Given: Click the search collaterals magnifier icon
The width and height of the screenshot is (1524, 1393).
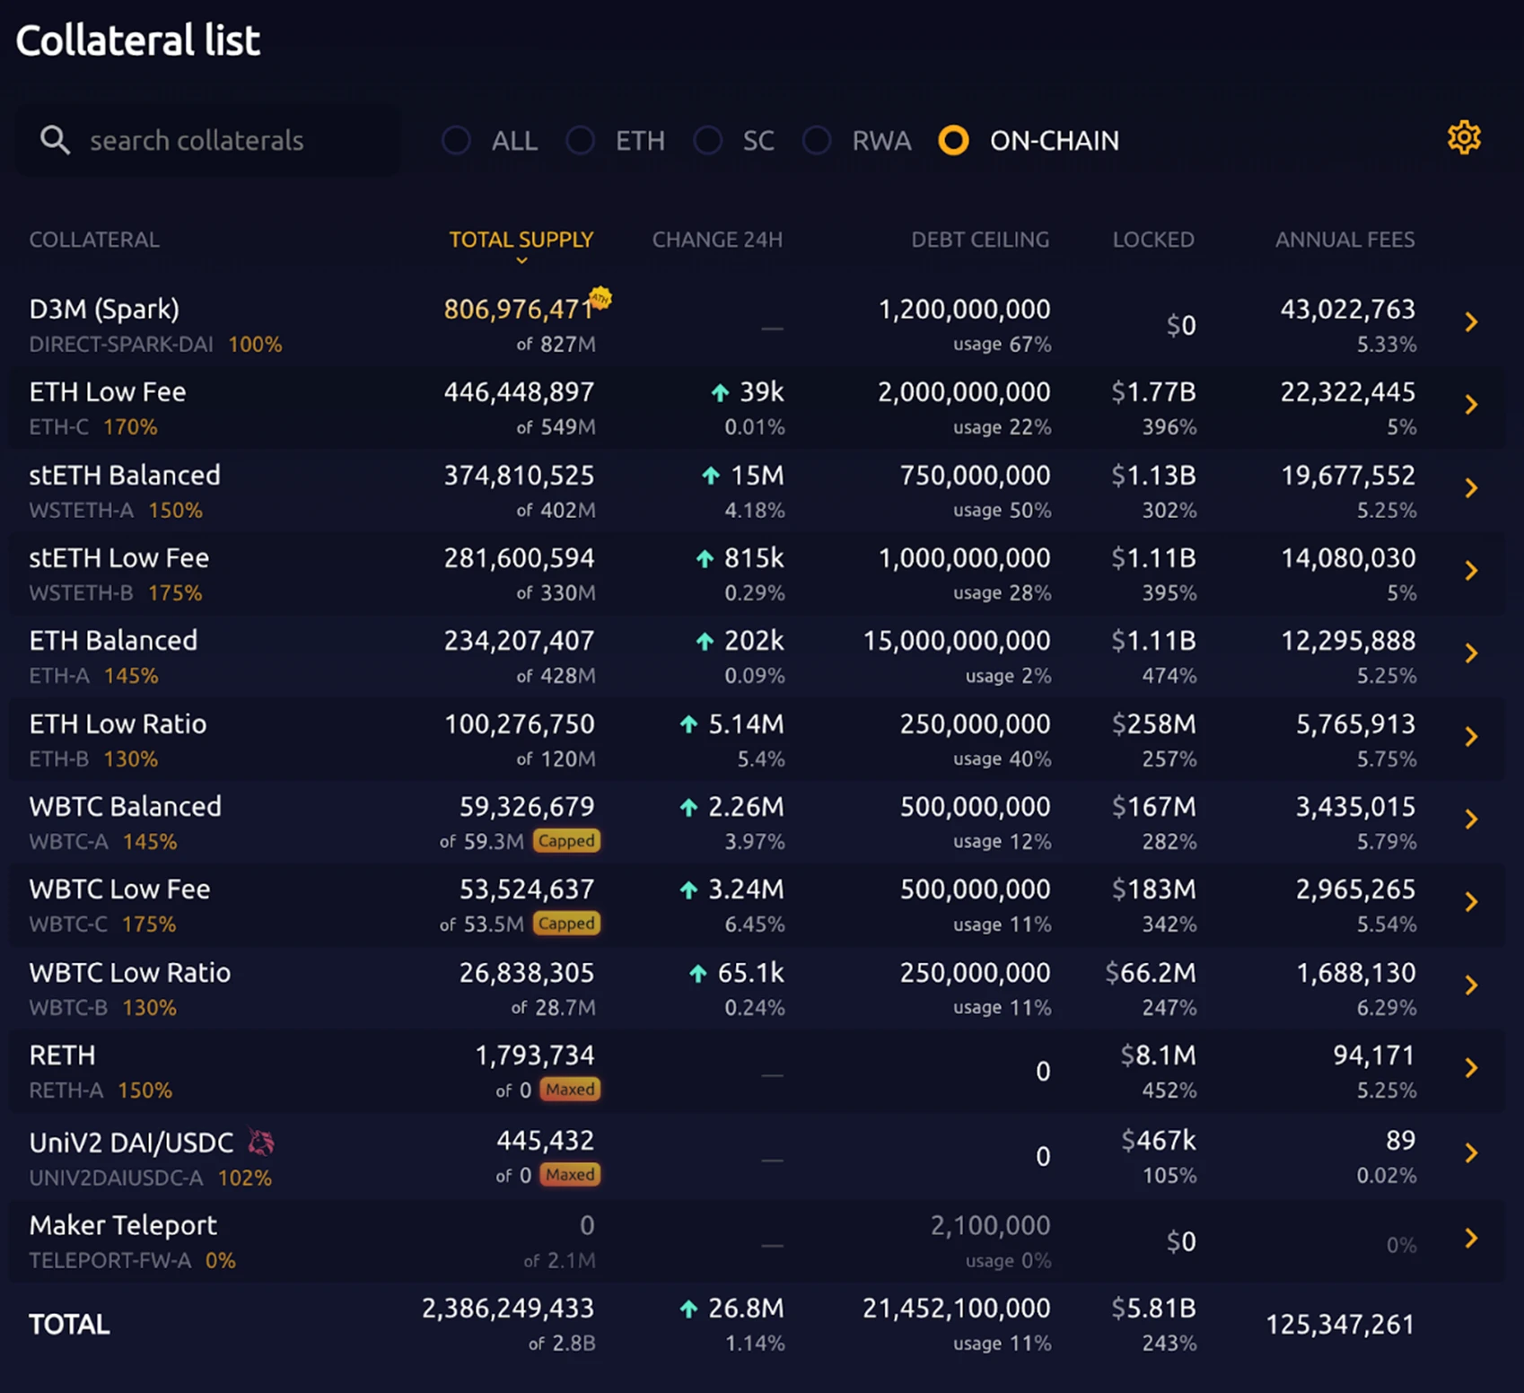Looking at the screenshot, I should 55,140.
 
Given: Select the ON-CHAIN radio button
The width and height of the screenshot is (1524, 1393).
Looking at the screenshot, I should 953,140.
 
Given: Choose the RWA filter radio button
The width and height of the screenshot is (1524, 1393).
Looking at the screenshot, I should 817,140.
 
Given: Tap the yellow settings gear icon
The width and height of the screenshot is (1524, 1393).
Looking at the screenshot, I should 1464,138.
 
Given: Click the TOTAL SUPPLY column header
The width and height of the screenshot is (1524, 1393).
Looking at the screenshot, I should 521,240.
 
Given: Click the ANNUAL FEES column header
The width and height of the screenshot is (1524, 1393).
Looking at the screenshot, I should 1344,240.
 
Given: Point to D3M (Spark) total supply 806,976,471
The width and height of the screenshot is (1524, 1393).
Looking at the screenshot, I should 518,310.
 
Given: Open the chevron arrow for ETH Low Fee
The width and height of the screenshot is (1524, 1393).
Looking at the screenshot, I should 1471,405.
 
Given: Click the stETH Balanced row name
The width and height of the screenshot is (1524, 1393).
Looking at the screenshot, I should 125,475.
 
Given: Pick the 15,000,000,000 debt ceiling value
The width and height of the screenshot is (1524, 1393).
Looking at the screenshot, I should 956,641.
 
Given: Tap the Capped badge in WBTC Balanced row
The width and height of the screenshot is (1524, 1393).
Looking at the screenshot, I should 566,841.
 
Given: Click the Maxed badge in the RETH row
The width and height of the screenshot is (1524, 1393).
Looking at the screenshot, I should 570,1090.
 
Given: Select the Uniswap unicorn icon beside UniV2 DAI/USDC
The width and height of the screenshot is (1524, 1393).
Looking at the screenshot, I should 261,1142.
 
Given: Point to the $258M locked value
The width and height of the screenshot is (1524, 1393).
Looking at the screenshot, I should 1153,724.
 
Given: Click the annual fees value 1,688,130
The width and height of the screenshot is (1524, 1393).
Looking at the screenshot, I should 1355,973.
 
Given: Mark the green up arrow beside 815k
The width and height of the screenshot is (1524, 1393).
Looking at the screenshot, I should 705,559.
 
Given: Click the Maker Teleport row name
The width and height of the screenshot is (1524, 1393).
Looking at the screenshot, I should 123,1225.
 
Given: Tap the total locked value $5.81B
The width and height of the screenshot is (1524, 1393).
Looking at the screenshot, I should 1153,1309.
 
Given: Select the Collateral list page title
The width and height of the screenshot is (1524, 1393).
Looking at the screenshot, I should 138,40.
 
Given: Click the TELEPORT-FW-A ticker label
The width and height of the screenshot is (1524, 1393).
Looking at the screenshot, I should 109,1260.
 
